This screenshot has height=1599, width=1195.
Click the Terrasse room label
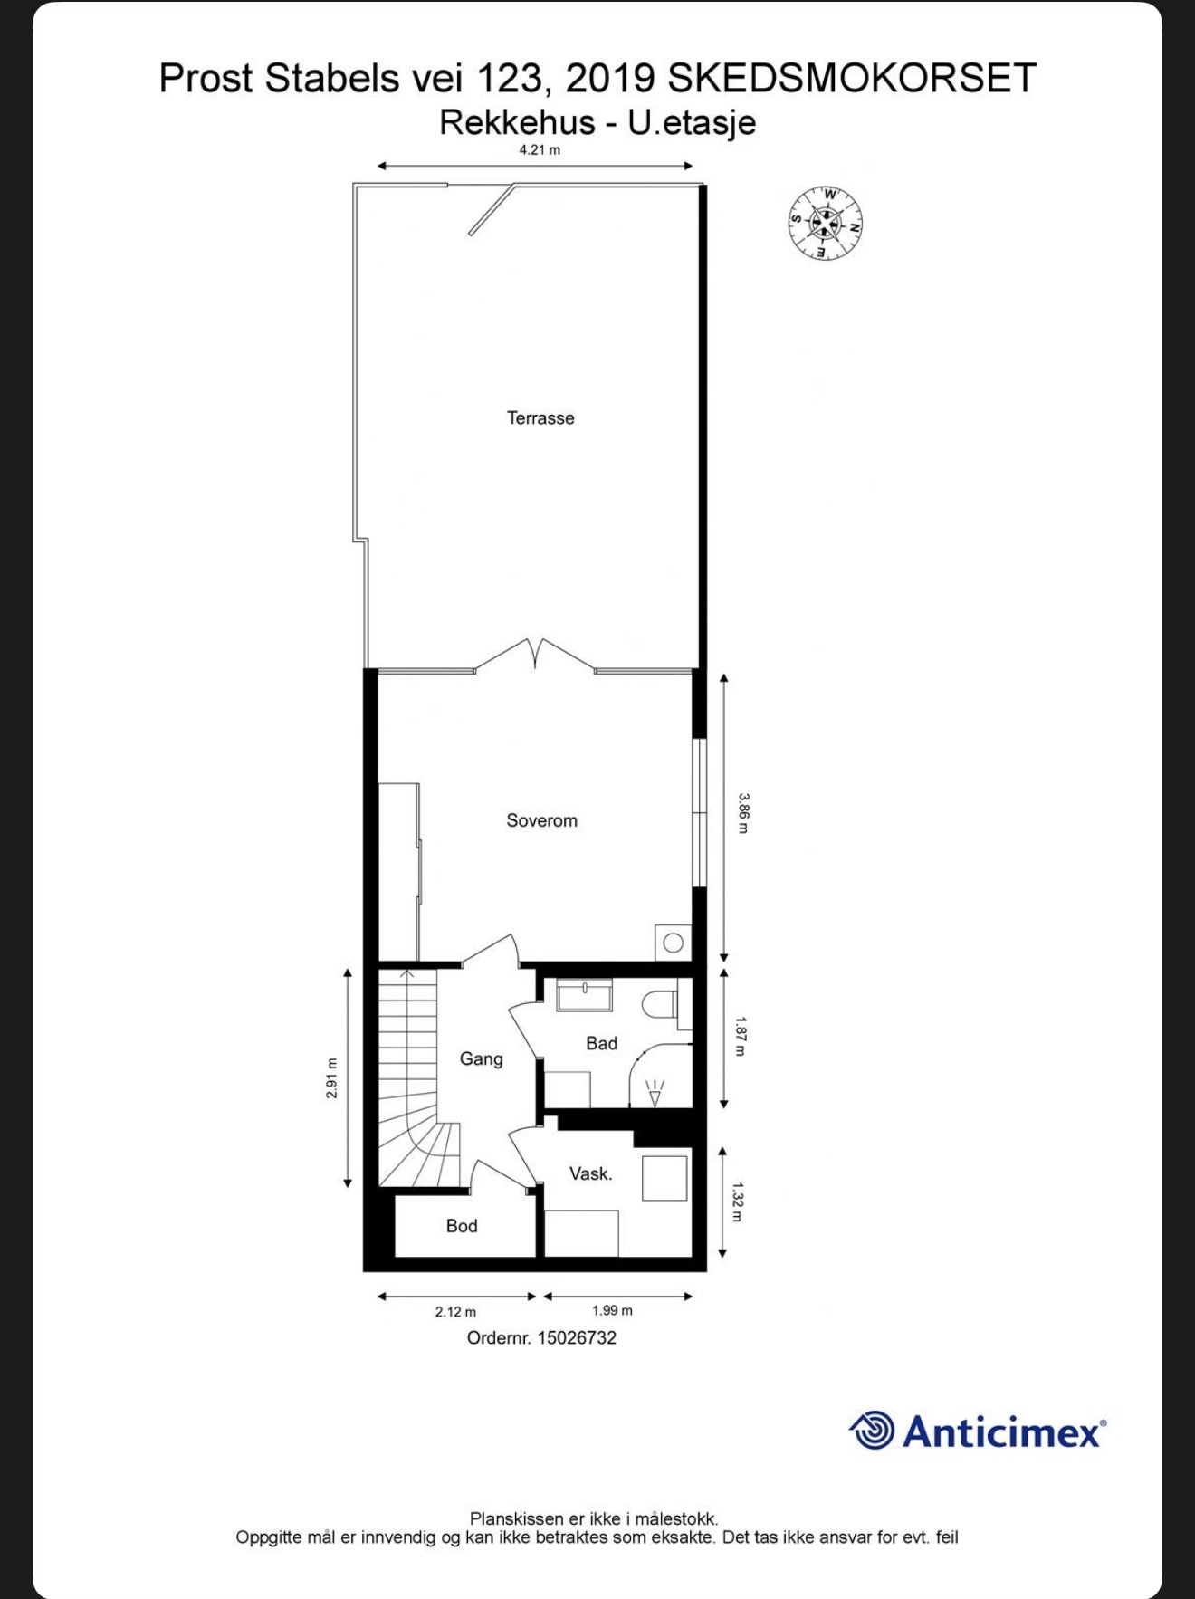pyautogui.click(x=540, y=417)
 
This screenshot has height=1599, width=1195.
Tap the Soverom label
pyautogui.click(x=541, y=820)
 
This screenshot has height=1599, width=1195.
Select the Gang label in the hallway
pyautogui.click(x=481, y=1058)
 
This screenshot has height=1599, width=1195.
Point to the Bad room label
pyautogui.click(x=601, y=1043)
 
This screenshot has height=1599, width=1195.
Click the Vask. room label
pyautogui.click(x=590, y=1173)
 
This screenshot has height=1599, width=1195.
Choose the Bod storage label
pyautogui.click(x=462, y=1226)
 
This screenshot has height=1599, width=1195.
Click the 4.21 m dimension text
pyautogui.click(x=540, y=150)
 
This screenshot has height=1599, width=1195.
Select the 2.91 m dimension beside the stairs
pyautogui.click(x=331, y=1077)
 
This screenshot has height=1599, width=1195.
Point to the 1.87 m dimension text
pyautogui.click(x=741, y=1037)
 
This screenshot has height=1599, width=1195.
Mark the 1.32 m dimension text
pyautogui.click(x=738, y=1202)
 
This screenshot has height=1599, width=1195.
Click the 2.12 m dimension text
pyautogui.click(x=455, y=1311)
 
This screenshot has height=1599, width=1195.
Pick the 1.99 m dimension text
pyautogui.click(x=613, y=1310)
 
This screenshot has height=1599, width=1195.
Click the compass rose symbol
pyautogui.click(x=825, y=223)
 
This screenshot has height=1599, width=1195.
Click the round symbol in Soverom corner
pyautogui.click(x=674, y=943)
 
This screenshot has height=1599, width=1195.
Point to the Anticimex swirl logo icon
pyautogui.click(x=872, y=1431)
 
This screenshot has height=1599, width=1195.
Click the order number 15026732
pyautogui.click(x=577, y=1337)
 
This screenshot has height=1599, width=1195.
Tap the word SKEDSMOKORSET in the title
pyautogui.click(x=851, y=79)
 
